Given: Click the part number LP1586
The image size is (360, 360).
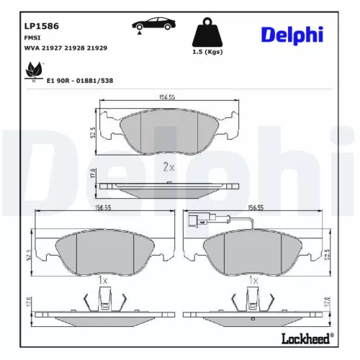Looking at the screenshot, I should point(41,26).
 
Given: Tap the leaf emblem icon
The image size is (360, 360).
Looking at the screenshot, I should point(32,71).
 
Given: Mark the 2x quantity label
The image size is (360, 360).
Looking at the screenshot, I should point(169,167).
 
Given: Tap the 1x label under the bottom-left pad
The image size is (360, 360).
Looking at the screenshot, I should point(102,279).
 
